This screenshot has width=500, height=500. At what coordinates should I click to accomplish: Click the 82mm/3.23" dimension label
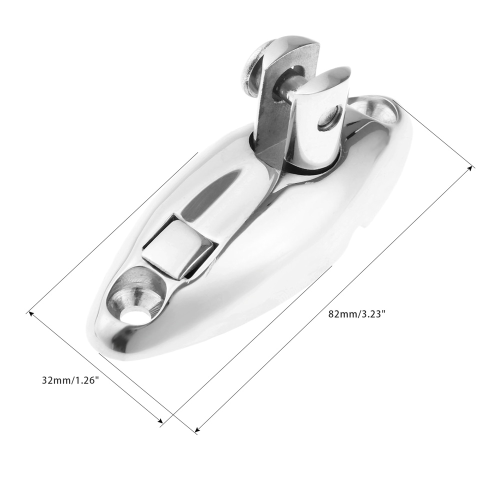coord(357,314)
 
